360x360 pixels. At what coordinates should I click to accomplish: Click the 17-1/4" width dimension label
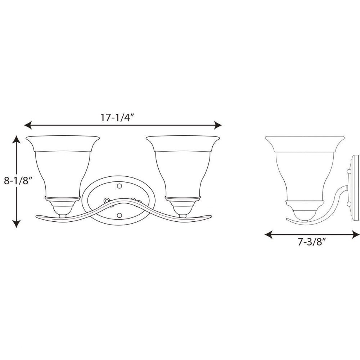tap(117, 118)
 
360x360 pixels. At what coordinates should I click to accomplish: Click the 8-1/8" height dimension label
tap(17, 181)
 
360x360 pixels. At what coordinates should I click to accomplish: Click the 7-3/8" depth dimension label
tap(312, 242)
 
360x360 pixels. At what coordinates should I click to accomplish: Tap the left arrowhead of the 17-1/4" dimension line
tap(28, 125)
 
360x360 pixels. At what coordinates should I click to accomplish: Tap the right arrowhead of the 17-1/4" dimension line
tap(218, 125)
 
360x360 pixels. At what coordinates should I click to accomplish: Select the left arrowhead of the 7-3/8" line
tap(269, 234)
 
